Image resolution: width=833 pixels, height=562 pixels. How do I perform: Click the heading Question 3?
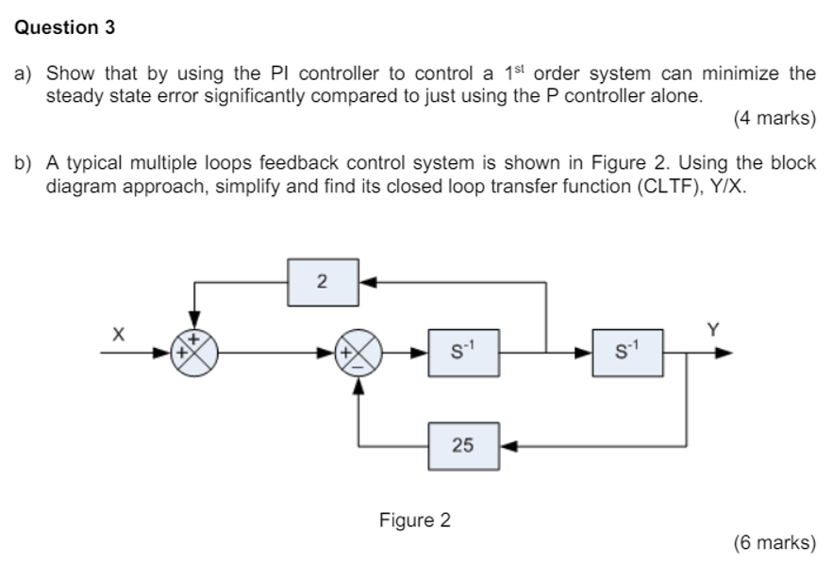tap(65, 28)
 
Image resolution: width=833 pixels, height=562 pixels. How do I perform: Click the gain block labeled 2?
tap(323, 281)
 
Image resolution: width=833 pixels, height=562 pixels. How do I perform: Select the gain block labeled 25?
tap(463, 445)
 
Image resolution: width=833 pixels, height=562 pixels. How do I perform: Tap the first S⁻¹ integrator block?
tap(463, 355)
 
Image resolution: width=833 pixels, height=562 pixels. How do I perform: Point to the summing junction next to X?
tap(192, 355)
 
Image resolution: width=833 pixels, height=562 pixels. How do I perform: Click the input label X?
tap(118, 333)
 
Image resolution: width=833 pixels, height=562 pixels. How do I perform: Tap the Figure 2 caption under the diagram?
tap(415, 520)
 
